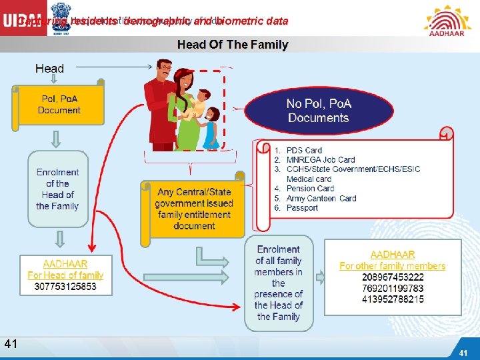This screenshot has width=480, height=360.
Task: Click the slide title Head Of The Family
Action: (233, 45)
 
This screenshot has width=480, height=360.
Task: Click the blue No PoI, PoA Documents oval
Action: (318, 110)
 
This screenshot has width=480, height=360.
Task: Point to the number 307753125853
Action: (65, 287)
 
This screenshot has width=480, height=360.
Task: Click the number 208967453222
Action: (393, 277)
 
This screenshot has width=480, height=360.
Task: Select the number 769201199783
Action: (393, 289)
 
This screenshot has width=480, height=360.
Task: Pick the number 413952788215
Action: (393, 299)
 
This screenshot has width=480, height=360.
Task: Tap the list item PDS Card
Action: (304, 151)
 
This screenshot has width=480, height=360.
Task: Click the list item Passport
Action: (302, 208)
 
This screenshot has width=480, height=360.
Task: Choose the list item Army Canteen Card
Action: (321, 198)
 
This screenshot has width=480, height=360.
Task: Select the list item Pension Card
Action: (310, 189)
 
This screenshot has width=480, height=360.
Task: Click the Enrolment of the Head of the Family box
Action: (57, 189)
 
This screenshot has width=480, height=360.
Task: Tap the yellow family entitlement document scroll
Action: (194, 209)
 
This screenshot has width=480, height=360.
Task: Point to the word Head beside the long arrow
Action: (50, 68)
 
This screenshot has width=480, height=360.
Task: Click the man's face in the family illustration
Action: (163, 72)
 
